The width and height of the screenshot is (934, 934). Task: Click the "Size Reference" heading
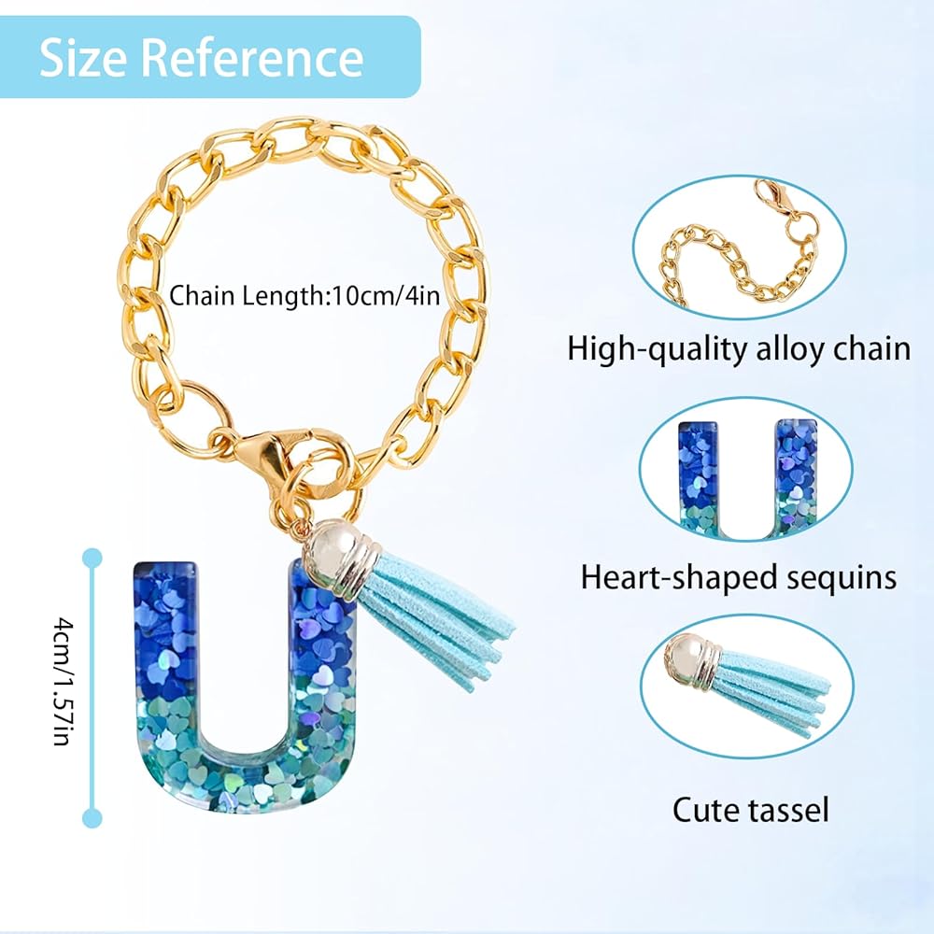click(x=202, y=58)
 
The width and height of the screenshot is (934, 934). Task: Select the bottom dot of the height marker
click(x=92, y=818)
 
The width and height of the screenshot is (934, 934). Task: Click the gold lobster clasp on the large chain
click(x=270, y=453)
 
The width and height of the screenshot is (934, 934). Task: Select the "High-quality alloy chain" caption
click(x=739, y=348)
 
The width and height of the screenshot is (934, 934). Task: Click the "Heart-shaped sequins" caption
click(x=739, y=576)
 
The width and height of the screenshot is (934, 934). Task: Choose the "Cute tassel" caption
click(x=750, y=809)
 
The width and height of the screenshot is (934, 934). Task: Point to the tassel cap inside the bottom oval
click(x=689, y=664)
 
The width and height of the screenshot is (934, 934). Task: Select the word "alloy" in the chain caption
click(x=785, y=348)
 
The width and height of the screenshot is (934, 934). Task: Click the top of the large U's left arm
click(x=164, y=572)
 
